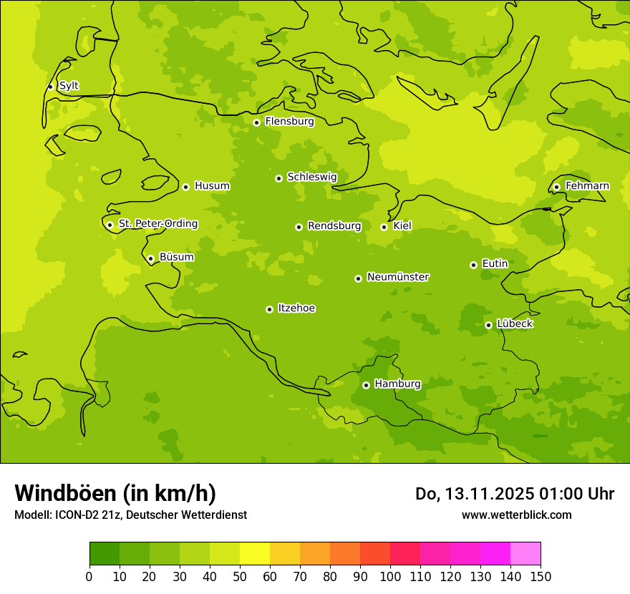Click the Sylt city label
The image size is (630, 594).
point(69,86)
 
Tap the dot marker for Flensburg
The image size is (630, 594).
point(256,122)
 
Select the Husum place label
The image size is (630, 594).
point(212,186)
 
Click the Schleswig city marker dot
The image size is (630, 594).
point(278,178)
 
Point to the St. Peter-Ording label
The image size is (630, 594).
point(158,224)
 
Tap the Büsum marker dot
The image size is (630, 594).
point(150,258)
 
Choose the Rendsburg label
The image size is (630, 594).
point(334,226)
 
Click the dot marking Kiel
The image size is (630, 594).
point(384,227)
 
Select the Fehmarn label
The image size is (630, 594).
point(587,186)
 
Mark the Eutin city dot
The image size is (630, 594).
point(473,265)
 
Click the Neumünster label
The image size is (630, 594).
point(398,277)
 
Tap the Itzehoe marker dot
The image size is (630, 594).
point(269,309)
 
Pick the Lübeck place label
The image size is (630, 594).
point(515,324)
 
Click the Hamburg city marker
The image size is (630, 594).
point(366,385)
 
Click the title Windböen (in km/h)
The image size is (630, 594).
point(115,493)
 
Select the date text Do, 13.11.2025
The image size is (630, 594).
point(475,494)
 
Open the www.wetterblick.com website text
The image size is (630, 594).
point(516,515)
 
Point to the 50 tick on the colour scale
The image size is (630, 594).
point(240,577)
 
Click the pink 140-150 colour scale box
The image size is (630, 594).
point(525,554)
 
